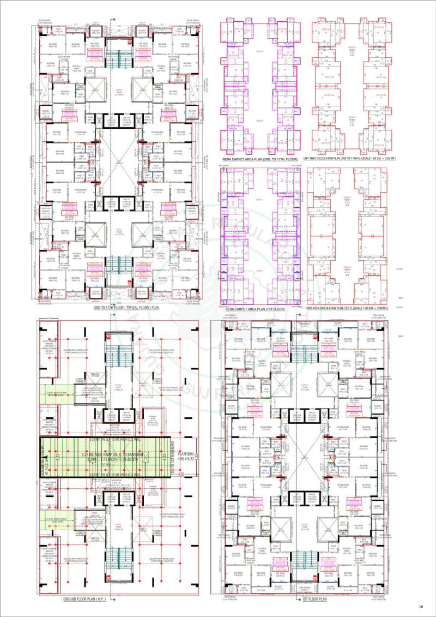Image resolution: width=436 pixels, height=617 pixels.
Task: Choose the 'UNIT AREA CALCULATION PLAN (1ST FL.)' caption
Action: pos(347,309)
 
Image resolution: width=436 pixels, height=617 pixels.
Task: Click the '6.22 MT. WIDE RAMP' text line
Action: pos(113,454)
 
